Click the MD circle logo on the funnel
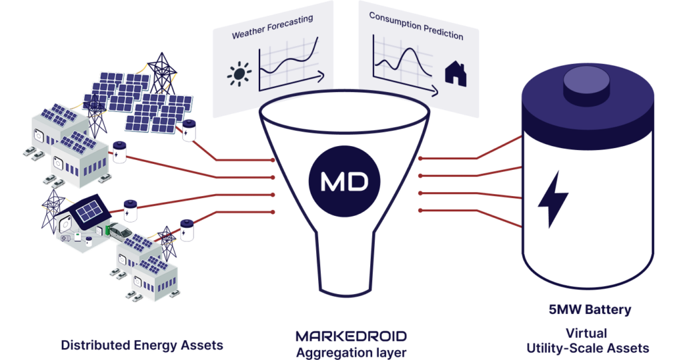coord(344,181)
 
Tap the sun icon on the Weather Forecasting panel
coord(239,73)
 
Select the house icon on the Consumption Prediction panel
coord(456,73)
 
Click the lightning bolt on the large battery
coord(553,199)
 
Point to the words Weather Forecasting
coord(272,27)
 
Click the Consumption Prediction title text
coord(416,26)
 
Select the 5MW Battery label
coord(590,309)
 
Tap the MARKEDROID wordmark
coord(351,336)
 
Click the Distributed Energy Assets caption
coord(142,345)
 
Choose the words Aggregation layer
coord(351,352)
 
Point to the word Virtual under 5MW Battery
coord(586,333)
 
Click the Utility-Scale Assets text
coord(588,348)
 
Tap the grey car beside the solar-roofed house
coord(121,231)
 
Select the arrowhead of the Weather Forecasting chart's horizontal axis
coord(321,77)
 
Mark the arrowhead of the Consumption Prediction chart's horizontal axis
coord(434,91)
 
